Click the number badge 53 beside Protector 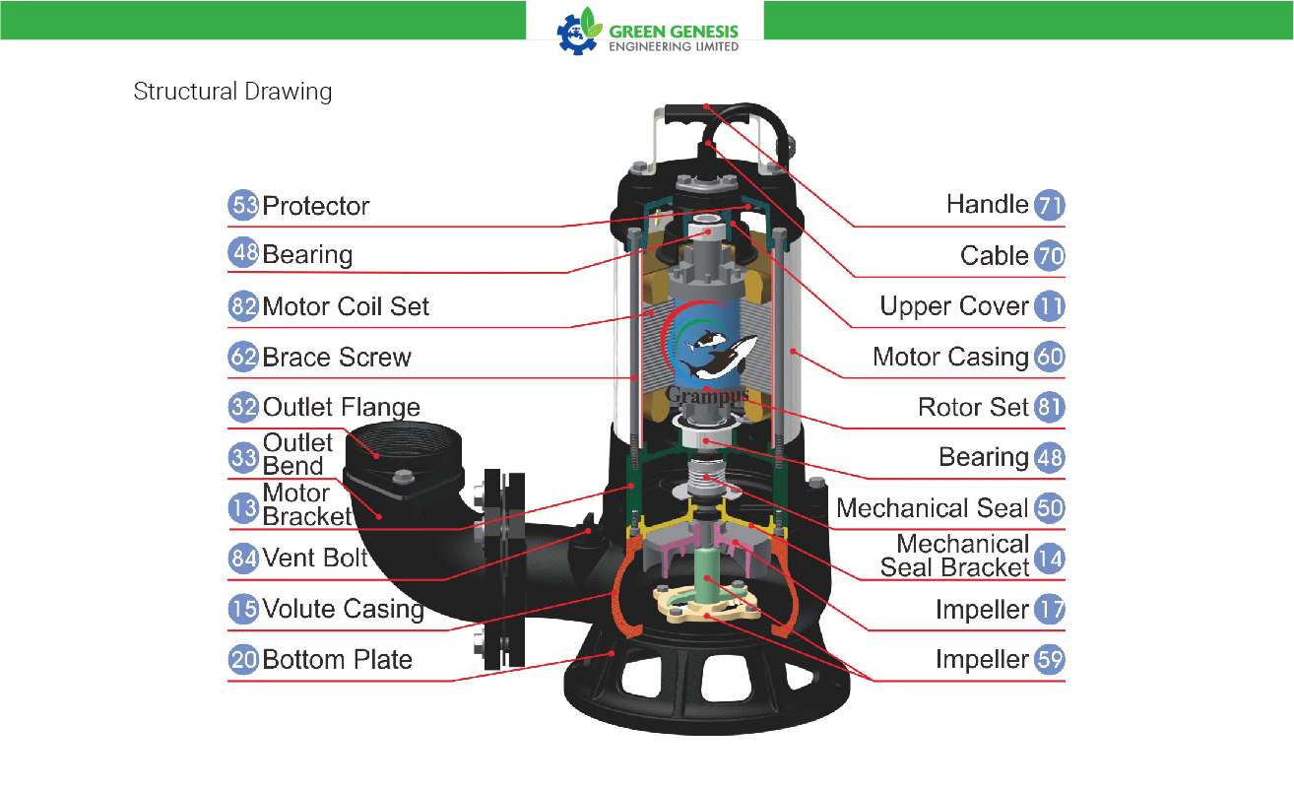pos(243,205)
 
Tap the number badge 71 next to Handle pos(1049,205)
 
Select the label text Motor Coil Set pos(346,306)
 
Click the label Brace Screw pos(337,358)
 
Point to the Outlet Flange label pos(342,408)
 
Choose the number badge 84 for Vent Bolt pos(243,559)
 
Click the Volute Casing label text pos(343,609)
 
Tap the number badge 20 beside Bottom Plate pos(243,659)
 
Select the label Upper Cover pos(954,306)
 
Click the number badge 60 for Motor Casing pos(1049,357)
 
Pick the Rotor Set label pos(973,408)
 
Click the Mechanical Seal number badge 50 pos(1049,508)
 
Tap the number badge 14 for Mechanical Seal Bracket pos(1049,559)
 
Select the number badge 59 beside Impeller pos(1049,660)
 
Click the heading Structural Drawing pos(232,92)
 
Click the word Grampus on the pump pos(707,395)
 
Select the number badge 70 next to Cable pos(1049,255)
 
